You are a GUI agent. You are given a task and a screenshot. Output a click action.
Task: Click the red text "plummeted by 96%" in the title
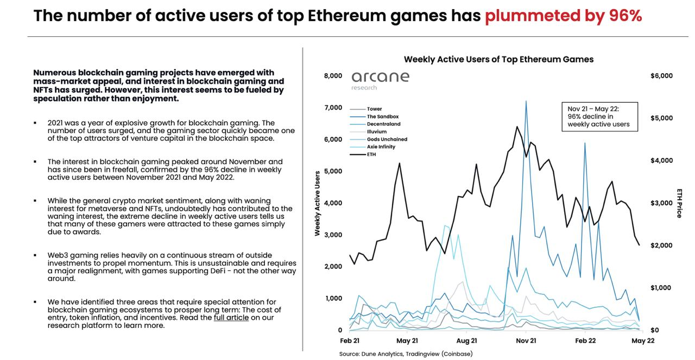563,16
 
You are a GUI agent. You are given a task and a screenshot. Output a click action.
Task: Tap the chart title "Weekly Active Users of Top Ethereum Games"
498,59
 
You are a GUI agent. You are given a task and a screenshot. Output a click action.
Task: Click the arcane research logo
380,79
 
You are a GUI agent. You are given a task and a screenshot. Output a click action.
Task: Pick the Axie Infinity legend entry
381,147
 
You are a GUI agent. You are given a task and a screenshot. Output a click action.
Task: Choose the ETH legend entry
371,154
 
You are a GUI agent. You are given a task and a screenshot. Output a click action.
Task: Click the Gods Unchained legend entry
387,139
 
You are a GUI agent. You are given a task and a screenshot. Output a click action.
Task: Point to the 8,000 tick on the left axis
333,75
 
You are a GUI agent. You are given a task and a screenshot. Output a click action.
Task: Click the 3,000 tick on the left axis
333,235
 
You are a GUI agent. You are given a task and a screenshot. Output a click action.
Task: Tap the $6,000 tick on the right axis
661,75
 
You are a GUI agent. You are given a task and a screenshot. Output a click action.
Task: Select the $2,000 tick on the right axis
661,245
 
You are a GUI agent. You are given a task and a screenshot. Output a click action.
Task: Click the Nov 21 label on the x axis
525,341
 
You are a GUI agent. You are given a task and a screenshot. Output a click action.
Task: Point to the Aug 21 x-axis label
466,341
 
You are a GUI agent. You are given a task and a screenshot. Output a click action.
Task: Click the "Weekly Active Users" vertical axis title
317,203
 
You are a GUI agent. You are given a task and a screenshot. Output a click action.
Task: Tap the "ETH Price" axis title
679,203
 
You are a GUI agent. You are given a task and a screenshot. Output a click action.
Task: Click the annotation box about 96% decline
599,117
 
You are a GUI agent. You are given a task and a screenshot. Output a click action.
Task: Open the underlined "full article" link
231,318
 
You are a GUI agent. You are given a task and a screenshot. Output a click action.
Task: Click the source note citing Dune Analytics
406,354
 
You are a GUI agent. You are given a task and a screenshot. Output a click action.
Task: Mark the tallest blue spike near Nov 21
526,102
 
